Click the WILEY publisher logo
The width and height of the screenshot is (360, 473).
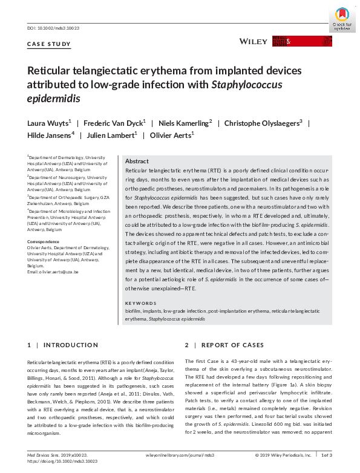[254, 41]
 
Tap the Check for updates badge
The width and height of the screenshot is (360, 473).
[341, 19]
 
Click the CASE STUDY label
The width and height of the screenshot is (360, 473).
[49, 44]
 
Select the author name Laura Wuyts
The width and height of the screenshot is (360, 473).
[50, 123]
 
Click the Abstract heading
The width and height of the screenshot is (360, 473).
[137, 161]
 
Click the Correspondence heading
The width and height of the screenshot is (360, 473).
[44, 241]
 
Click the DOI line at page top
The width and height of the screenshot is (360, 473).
[53, 28]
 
